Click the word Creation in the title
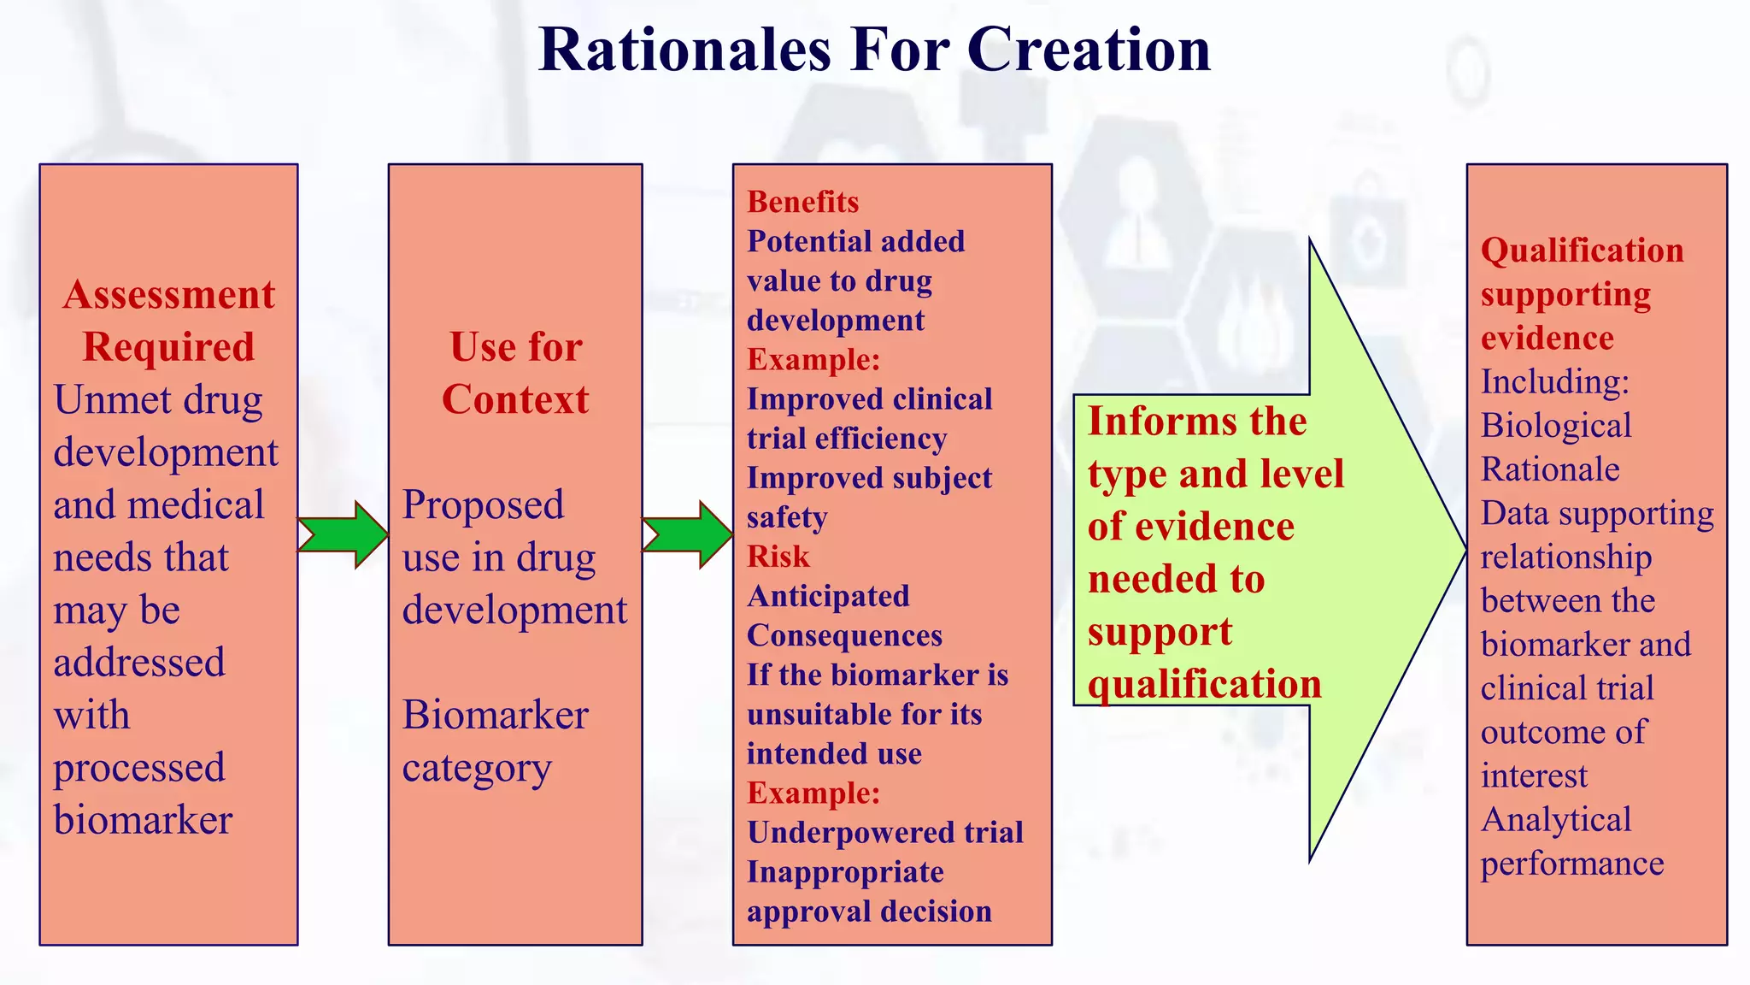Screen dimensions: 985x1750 1089,50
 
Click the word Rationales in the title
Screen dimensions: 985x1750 684,50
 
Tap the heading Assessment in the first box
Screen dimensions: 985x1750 169,295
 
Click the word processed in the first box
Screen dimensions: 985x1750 139,768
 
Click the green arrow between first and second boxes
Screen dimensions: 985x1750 344,534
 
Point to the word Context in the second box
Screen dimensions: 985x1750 515,399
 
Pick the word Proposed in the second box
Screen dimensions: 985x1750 483,505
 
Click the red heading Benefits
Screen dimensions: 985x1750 802,202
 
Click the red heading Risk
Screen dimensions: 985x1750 778,557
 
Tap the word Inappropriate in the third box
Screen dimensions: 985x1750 845,872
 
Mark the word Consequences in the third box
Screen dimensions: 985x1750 844,635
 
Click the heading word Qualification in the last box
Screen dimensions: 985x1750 1582,251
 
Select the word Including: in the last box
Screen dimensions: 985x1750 1554,381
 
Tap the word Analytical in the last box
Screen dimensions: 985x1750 1555,820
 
